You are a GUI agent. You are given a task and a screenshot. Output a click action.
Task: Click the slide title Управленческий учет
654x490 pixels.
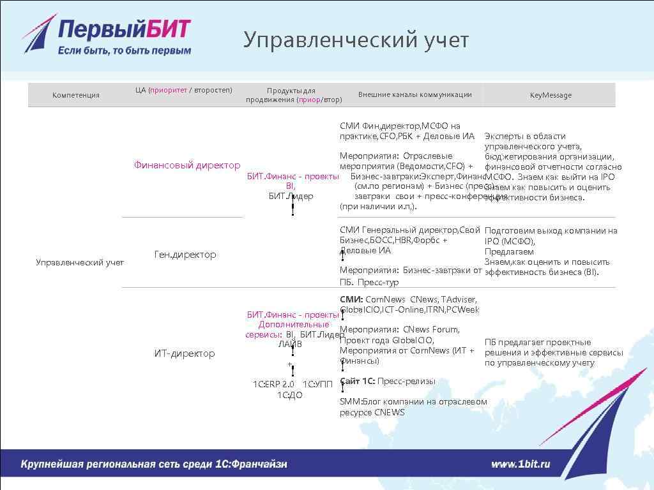click(x=356, y=40)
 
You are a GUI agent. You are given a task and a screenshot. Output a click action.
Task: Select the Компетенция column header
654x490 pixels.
click(x=76, y=95)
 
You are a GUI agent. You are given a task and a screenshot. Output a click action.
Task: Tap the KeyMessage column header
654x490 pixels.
click(x=551, y=95)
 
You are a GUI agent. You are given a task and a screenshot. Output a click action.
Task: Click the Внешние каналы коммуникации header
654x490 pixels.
click(x=414, y=94)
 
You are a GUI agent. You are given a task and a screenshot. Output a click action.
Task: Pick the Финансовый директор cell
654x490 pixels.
click(x=187, y=165)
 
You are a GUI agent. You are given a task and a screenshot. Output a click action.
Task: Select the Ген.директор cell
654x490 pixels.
click(x=185, y=255)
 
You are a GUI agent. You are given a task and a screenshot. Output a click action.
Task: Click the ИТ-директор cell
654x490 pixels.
click(x=185, y=353)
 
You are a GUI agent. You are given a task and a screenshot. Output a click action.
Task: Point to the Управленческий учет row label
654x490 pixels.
click(x=80, y=262)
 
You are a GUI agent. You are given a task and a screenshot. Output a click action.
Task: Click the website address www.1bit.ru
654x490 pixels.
click(x=520, y=464)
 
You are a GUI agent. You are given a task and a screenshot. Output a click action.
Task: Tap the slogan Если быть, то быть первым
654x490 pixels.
click(x=125, y=50)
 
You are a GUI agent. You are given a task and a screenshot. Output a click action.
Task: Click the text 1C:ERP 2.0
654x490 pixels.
click(x=273, y=384)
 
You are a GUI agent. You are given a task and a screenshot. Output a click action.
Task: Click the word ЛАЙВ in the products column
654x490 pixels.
click(x=290, y=345)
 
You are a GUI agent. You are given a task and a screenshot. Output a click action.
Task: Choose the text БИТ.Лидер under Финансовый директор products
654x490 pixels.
click(x=291, y=197)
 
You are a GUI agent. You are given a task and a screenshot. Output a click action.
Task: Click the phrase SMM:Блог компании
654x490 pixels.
click(x=390, y=402)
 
